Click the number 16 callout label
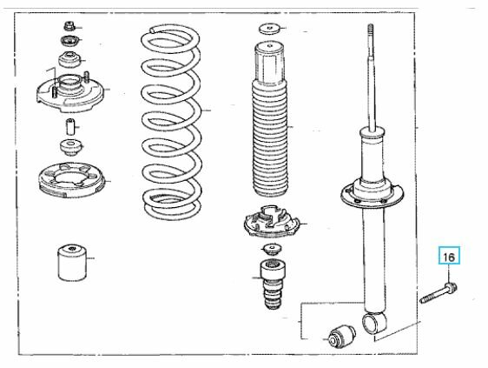(x=449, y=256)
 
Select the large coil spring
(x=171, y=123)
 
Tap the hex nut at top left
(x=69, y=26)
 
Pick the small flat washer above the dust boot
(x=269, y=29)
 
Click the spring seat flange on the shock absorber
(x=372, y=195)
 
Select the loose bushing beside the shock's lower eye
(x=342, y=335)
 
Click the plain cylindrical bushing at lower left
(x=72, y=262)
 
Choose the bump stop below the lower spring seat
(x=273, y=284)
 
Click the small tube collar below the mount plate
(x=70, y=127)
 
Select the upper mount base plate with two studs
(x=69, y=93)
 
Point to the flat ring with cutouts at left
(x=71, y=180)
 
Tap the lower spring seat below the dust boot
(x=272, y=221)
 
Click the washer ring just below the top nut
(x=70, y=40)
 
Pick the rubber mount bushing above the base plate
(x=69, y=59)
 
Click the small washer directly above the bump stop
(x=273, y=250)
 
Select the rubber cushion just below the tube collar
(x=71, y=147)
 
